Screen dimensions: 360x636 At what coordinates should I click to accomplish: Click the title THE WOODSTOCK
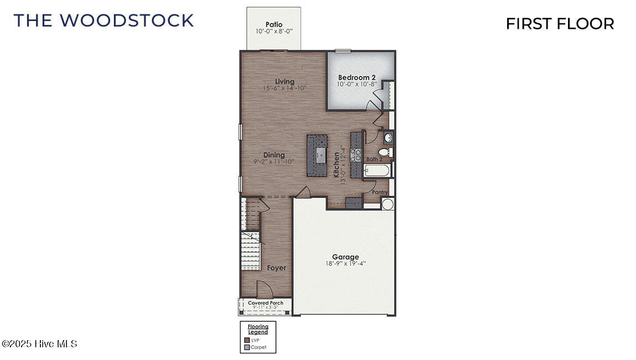click(x=103, y=20)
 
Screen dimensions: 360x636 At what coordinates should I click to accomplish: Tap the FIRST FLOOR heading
click(x=560, y=24)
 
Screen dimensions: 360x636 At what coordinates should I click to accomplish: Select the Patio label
click(x=274, y=24)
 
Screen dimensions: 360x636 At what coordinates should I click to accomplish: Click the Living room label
click(x=285, y=82)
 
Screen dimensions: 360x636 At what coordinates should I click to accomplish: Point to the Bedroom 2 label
click(x=357, y=77)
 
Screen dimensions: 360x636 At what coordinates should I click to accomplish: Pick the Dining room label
click(x=274, y=155)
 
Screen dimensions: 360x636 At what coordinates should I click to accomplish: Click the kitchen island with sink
click(x=320, y=155)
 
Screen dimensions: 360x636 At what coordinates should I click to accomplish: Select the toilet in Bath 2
click(x=384, y=152)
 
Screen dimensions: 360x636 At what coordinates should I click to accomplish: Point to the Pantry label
click(x=379, y=192)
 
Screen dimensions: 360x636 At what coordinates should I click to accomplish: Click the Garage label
click(x=346, y=257)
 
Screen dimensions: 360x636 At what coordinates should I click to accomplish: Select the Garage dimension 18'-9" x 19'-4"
click(x=346, y=264)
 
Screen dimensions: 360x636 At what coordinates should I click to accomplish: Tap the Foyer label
click(x=277, y=268)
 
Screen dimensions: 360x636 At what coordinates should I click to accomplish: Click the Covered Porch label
click(x=265, y=303)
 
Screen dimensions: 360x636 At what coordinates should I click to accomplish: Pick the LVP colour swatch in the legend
click(x=247, y=340)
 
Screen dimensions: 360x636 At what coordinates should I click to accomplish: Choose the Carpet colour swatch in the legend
click(x=247, y=347)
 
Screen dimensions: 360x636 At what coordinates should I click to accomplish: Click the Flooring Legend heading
click(x=258, y=330)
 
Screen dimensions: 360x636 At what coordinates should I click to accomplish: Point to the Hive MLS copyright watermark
click(x=40, y=344)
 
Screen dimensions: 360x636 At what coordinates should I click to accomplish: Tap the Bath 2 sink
click(x=388, y=137)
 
